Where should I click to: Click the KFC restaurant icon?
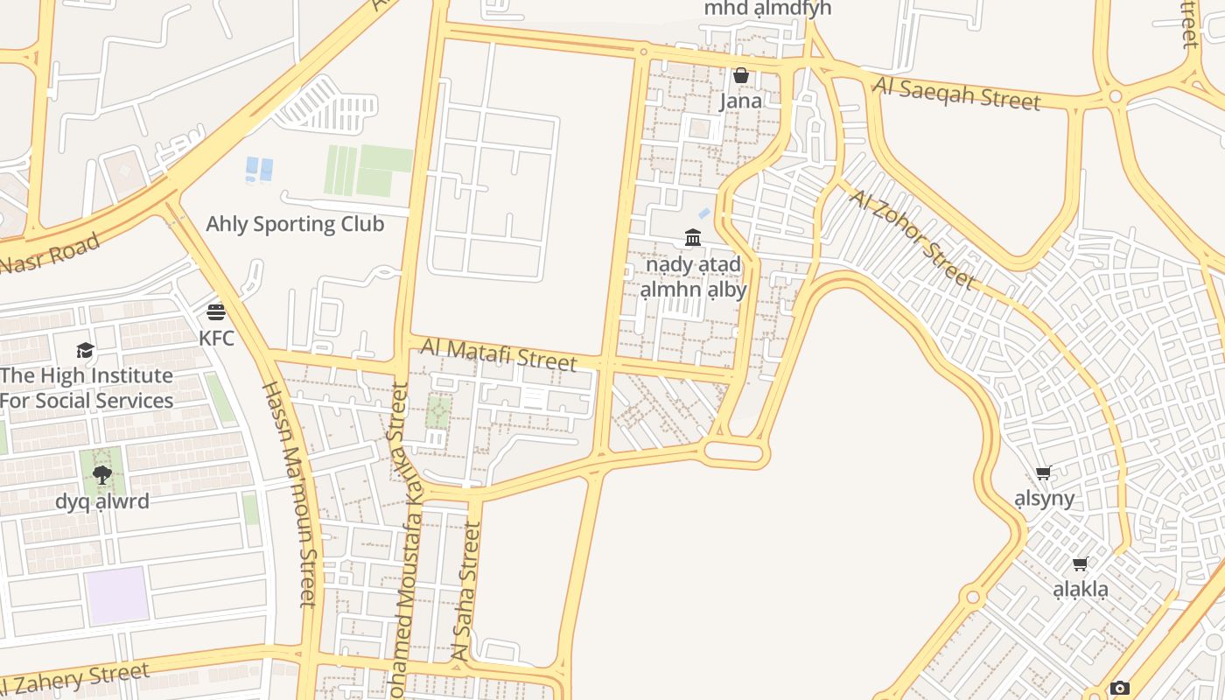pos(216,311)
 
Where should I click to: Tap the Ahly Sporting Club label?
pos(295,224)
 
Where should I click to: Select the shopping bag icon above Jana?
pos(741,76)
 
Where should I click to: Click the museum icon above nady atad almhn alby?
pos(693,237)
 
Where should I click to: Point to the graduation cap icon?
pos(85,351)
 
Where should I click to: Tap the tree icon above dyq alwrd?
pos(101,475)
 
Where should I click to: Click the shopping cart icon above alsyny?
pos(1043,473)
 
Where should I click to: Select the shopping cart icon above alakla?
pos(1081,564)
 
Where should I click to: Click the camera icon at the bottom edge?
pos(1119,689)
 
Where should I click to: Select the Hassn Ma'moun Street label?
pos(290,494)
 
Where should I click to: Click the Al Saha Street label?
pos(465,591)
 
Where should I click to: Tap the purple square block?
pos(116,595)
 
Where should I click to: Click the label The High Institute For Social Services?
pos(87,388)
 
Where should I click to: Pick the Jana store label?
pos(740,101)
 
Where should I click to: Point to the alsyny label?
pos(1044,499)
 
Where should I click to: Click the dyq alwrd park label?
pos(102,501)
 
